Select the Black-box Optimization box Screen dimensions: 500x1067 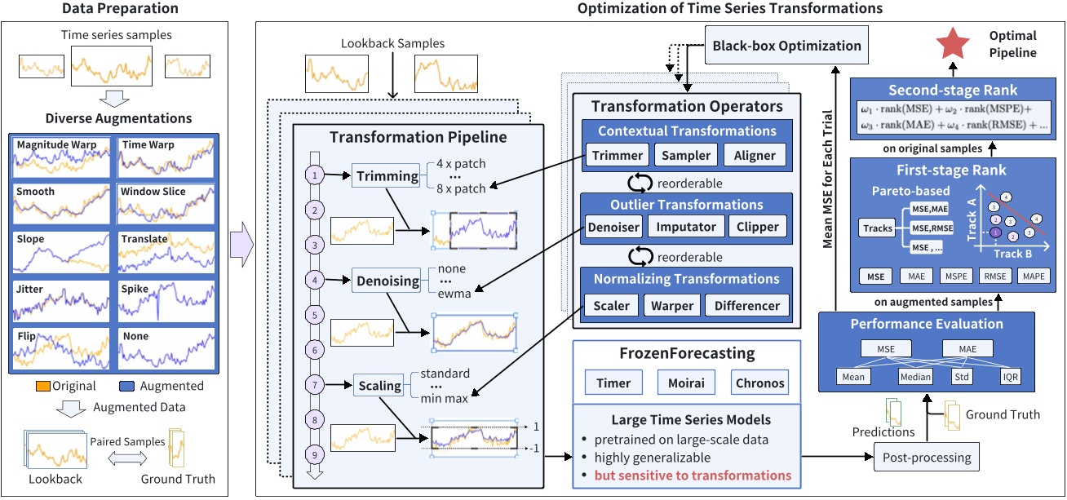tap(787, 46)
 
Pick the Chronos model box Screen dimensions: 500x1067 tap(760, 382)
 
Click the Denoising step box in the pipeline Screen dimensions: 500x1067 tap(386, 281)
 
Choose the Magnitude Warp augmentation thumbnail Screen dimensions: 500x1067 tap(62, 157)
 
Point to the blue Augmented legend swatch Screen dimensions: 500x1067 tap(127, 386)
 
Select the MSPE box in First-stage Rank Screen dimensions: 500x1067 tap(955, 277)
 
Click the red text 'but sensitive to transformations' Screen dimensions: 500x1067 tap(693, 476)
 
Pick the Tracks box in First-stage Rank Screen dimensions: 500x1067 tap(878, 229)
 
